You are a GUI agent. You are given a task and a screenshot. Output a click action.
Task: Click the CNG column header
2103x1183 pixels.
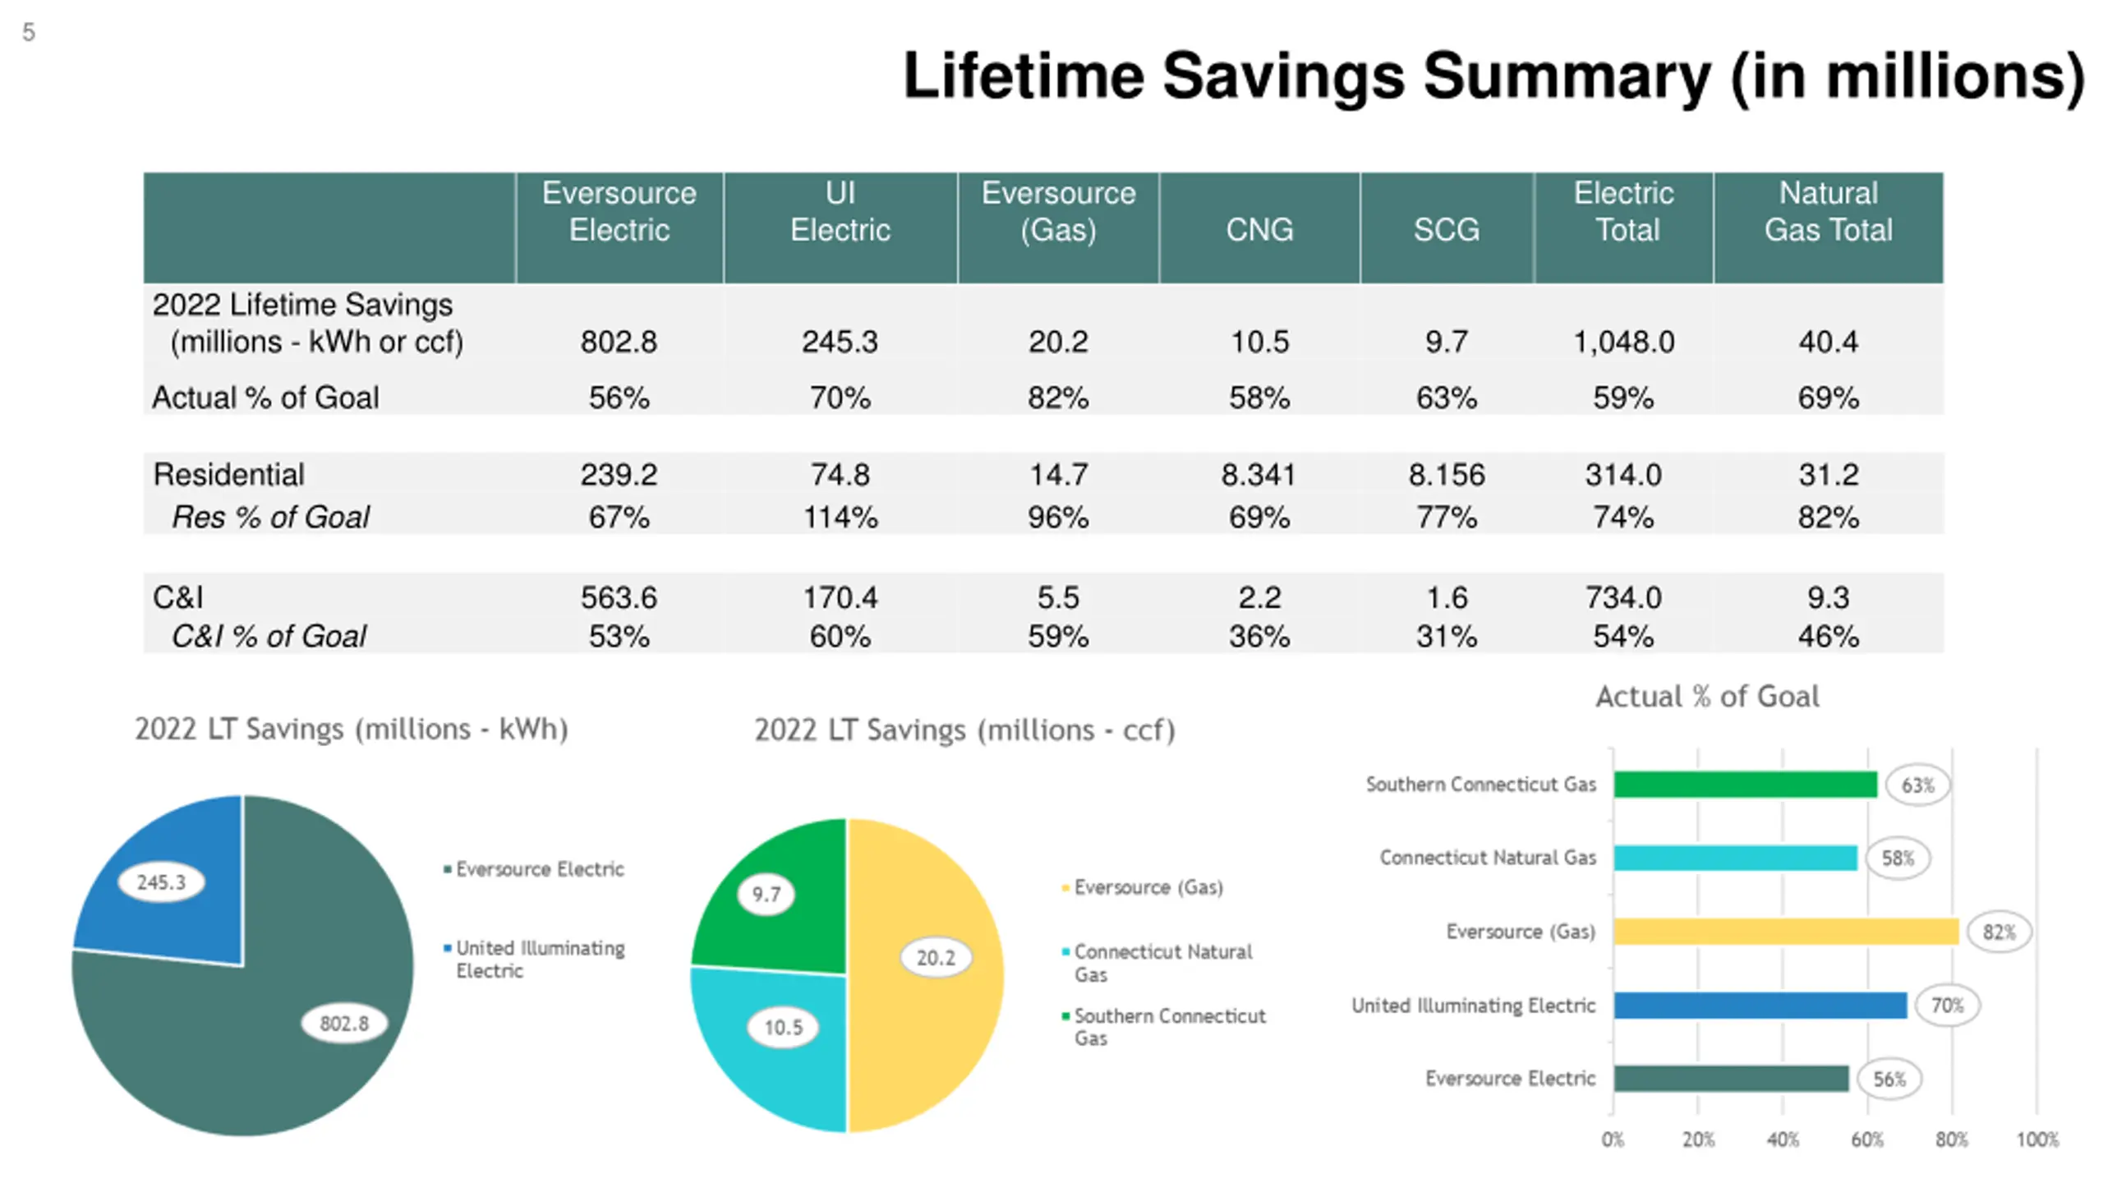click(1259, 229)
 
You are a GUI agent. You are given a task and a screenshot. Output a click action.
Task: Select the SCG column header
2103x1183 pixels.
click(1446, 229)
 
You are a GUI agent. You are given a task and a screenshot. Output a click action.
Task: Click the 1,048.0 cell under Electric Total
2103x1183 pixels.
click(1623, 342)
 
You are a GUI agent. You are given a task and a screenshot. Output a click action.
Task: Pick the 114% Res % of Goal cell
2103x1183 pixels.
click(840, 518)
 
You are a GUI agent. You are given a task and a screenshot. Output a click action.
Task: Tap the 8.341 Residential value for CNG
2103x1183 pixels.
click(1258, 475)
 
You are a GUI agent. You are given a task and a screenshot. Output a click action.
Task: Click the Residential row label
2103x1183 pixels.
click(228, 475)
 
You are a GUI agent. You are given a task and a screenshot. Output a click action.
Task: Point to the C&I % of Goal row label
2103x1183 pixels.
click(268, 637)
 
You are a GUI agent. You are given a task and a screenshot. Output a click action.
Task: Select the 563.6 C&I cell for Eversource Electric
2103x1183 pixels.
click(619, 597)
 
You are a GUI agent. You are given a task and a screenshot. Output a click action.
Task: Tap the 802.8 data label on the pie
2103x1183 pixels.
click(343, 1024)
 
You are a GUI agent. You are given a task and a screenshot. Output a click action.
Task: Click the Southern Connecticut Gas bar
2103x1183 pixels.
click(1744, 785)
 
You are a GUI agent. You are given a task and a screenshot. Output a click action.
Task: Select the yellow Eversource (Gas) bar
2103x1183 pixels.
click(1785, 932)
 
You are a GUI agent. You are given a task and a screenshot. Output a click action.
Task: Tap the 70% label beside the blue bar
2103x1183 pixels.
click(1947, 1006)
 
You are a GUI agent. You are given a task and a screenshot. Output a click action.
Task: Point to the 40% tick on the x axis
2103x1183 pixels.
click(1782, 1140)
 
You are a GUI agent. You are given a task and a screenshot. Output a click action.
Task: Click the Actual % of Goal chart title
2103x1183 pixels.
click(1707, 697)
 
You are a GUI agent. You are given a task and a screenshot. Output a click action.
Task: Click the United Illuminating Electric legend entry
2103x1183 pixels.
click(540, 959)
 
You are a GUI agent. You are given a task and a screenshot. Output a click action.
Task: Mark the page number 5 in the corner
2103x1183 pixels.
click(29, 33)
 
